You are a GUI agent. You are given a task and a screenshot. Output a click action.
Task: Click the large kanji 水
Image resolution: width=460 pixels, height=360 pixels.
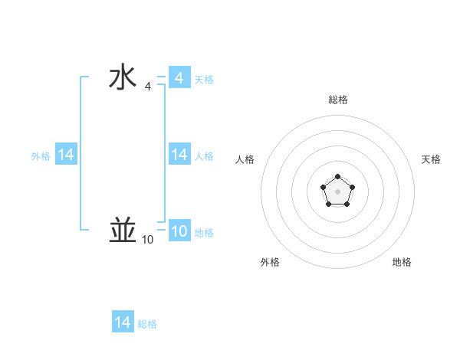[x=122, y=78]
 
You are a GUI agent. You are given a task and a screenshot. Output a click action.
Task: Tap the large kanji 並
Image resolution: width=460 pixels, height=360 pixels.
[x=122, y=230]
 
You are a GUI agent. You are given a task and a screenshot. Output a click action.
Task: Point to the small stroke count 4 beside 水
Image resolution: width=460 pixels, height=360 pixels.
[x=147, y=87]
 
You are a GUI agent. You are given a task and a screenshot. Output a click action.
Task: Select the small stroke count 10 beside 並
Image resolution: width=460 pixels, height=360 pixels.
[x=147, y=240]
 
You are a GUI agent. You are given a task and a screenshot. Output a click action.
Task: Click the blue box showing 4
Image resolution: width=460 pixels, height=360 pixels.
[x=179, y=78]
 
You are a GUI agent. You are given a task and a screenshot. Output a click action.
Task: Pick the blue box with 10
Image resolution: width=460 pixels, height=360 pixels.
[x=179, y=231]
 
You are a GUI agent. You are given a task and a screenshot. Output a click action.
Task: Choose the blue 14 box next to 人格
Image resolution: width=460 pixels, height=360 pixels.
[x=179, y=155]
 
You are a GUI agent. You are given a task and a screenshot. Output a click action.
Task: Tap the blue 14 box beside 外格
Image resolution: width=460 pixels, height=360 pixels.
[x=66, y=155]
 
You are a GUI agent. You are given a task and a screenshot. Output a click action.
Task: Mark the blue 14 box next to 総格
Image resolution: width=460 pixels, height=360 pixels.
[x=123, y=322]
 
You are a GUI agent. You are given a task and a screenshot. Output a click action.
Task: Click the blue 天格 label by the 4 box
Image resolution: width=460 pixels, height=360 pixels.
[x=204, y=80]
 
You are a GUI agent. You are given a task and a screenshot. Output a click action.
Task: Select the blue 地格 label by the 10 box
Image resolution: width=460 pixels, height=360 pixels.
[x=204, y=233]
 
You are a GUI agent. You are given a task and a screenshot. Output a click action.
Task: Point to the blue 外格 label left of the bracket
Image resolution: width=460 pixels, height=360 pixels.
[x=41, y=156]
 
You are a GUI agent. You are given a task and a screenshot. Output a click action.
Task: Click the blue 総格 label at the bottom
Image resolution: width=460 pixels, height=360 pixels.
[x=147, y=324]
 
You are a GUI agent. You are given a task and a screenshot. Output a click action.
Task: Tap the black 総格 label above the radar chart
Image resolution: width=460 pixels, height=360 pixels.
[x=338, y=100]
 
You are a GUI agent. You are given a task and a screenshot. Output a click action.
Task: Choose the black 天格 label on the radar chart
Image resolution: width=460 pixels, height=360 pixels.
[x=432, y=159]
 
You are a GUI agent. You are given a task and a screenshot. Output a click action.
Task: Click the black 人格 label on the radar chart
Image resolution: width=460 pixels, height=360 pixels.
[x=245, y=159]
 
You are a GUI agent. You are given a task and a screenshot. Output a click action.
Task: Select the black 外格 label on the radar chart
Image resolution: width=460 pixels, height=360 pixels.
[x=270, y=262]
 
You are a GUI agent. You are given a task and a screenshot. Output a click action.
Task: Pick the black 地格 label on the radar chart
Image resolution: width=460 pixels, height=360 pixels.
[x=402, y=262]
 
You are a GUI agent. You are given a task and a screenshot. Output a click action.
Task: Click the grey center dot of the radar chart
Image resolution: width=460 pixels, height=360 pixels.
[x=337, y=191]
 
